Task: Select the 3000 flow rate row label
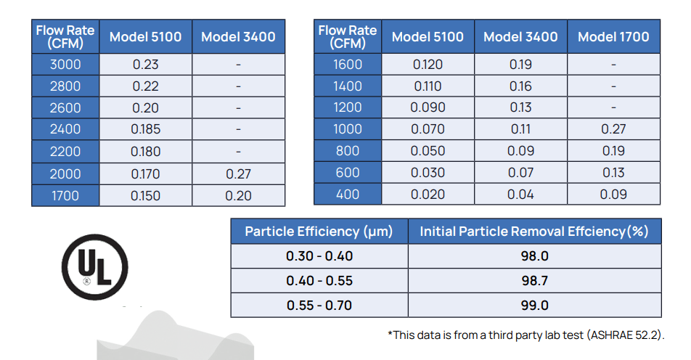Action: click(x=65, y=65)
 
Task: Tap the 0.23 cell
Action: click(x=145, y=65)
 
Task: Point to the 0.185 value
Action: click(x=145, y=130)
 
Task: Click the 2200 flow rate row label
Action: click(x=65, y=152)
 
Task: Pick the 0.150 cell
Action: click(x=145, y=195)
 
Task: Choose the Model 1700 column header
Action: click(x=613, y=37)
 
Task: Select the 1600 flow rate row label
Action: click(x=347, y=65)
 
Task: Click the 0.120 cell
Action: click(x=428, y=65)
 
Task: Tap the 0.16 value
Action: click(x=520, y=86)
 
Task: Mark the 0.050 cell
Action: click(x=428, y=151)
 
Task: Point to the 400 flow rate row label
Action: click(x=347, y=195)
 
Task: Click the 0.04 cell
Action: click(x=520, y=195)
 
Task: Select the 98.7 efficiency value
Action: click(x=534, y=281)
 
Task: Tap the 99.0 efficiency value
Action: click(x=534, y=306)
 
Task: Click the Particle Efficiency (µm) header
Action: click(x=319, y=232)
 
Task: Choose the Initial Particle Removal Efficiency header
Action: click(x=534, y=232)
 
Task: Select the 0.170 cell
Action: click(x=145, y=173)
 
